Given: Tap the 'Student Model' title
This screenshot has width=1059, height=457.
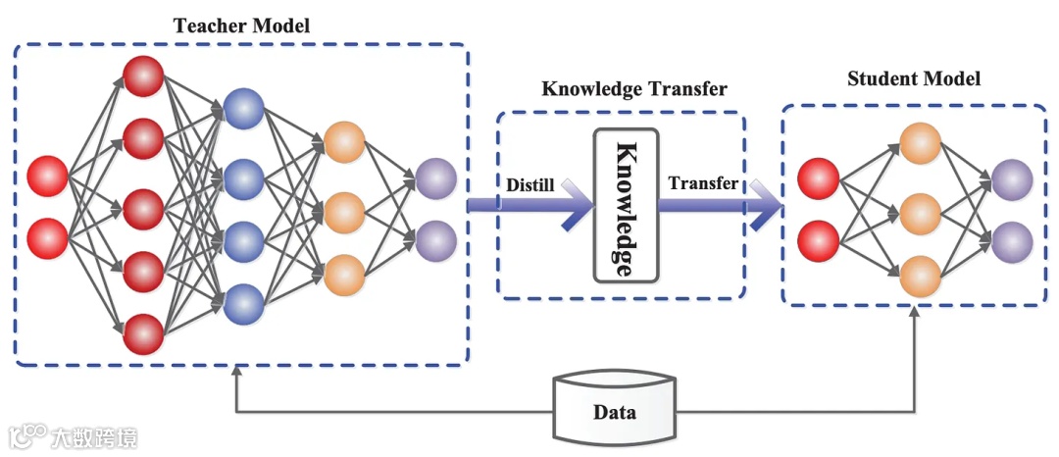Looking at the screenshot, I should coord(914,78).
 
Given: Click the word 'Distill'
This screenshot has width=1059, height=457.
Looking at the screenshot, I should coord(530,183).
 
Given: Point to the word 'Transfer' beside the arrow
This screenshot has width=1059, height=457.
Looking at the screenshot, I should coord(703,183).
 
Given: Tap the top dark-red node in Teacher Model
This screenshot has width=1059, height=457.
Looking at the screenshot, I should coord(143,76).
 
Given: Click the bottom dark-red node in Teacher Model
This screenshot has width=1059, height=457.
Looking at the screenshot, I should coord(143,333).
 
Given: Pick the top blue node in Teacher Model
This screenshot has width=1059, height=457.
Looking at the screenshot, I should coord(242,108).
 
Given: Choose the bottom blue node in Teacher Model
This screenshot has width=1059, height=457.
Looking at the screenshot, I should coord(242,305).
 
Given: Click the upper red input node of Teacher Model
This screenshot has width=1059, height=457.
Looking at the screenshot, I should coord(48,176).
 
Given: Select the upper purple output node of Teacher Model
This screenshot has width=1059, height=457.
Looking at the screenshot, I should coord(435,178).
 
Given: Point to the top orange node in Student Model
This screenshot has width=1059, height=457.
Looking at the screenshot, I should coord(920,143).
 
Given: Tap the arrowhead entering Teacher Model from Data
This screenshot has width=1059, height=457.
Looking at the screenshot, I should coord(236,374).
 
